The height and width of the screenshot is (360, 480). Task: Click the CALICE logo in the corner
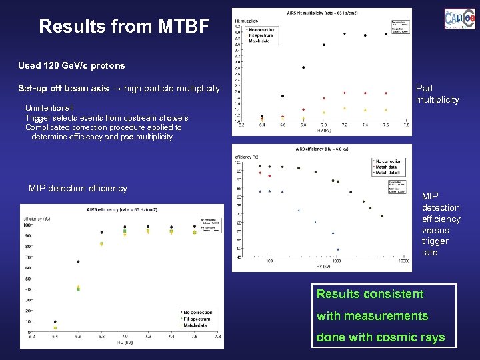pos(459,18)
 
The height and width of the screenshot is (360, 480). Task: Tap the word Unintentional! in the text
pos(50,107)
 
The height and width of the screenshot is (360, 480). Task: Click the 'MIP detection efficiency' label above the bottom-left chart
pos(77,188)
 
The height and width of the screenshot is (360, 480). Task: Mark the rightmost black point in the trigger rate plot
pos(382,216)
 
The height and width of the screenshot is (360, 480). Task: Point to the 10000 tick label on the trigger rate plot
pos(403,261)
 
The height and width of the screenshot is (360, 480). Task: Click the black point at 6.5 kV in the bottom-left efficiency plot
pos(78,262)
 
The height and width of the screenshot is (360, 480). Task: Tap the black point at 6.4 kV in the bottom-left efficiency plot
pos(55,321)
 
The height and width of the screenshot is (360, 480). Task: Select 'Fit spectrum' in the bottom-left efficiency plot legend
pos(197,319)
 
